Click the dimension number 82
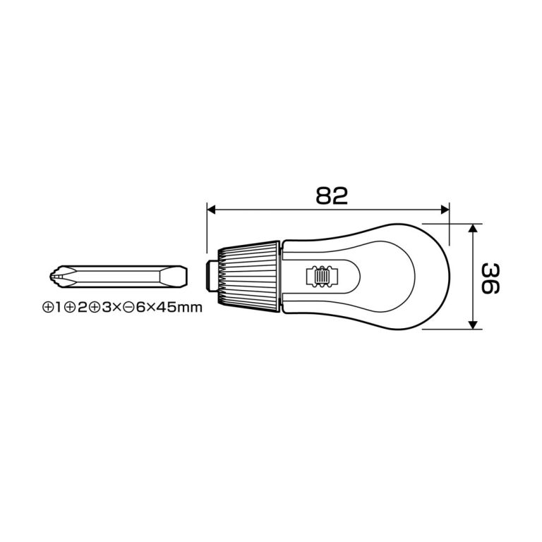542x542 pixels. pos(332,195)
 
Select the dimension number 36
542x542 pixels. pos(491,279)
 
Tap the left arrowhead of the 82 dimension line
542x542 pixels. pos(211,210)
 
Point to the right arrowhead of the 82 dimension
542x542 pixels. pos(445,210)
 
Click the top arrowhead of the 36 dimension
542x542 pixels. pos(474,228)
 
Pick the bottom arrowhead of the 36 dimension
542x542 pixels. pos(474,325)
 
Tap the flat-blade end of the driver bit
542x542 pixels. pos(174,277)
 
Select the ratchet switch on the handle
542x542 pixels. pos(321,276)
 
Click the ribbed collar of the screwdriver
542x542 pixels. pos(248,277)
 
